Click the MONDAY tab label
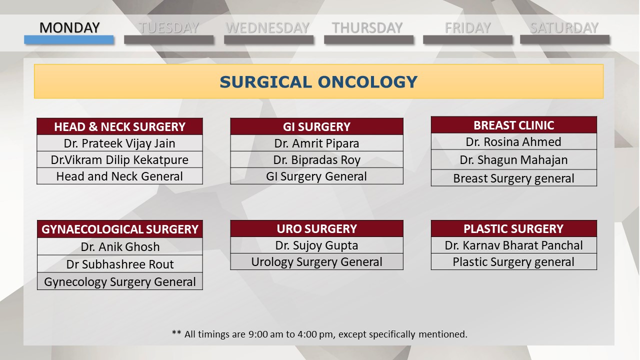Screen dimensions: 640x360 69,27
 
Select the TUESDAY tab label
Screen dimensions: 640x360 168,27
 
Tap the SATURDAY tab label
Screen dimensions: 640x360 564,27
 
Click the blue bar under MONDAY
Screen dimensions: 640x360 69,39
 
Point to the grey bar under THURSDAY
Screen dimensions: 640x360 368,39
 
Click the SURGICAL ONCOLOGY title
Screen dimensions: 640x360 318,82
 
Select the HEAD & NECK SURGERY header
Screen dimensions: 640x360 119,126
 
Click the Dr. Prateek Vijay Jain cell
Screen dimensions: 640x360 119,143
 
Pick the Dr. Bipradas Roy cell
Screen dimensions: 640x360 317,159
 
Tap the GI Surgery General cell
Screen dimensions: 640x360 317,176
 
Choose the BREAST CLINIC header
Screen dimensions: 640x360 513,125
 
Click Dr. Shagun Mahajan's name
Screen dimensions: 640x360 513,159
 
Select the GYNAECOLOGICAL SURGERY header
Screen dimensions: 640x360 119,229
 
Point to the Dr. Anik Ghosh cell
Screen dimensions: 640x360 119,246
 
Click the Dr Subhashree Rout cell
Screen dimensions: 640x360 119,264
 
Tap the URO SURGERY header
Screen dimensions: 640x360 317,228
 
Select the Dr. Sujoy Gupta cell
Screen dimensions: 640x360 317,245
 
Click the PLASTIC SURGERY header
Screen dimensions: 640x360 513,228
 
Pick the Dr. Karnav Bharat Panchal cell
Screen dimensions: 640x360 513,245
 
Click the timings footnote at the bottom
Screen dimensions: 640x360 319,334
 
